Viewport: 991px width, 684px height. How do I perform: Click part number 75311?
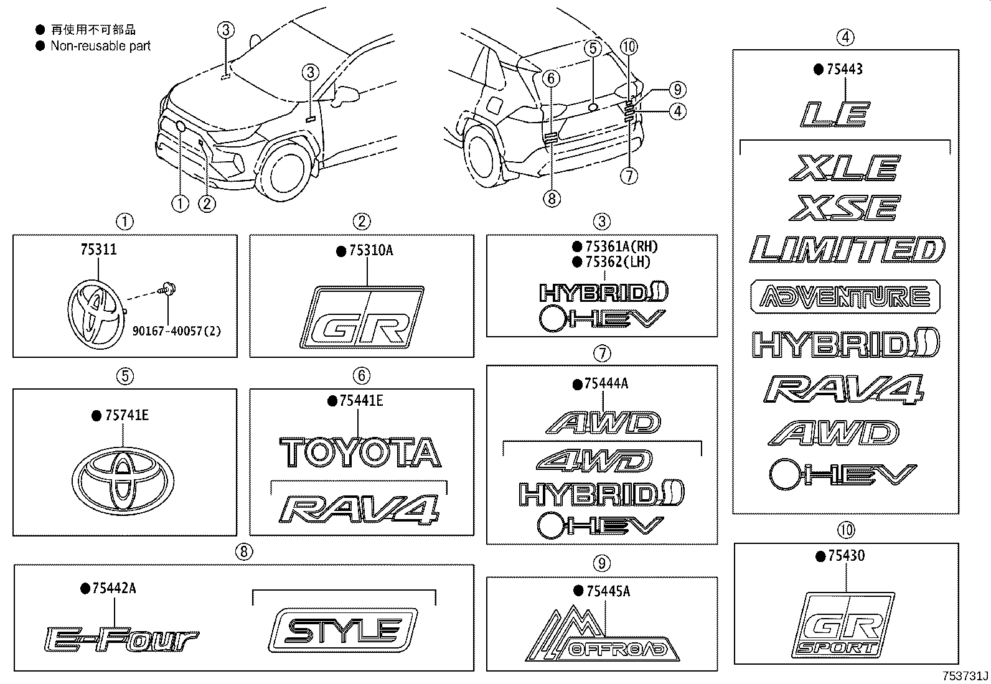coord(98,250)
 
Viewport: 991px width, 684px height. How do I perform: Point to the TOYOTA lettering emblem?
coord(359,453)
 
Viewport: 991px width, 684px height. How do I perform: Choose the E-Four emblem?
coord(122,640)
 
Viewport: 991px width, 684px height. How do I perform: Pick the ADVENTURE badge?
coord(845,297)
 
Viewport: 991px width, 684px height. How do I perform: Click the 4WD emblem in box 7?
coord(594,461)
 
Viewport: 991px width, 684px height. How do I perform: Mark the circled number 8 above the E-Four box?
coord(244,551)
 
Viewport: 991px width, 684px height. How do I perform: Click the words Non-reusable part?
coord(100,45)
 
